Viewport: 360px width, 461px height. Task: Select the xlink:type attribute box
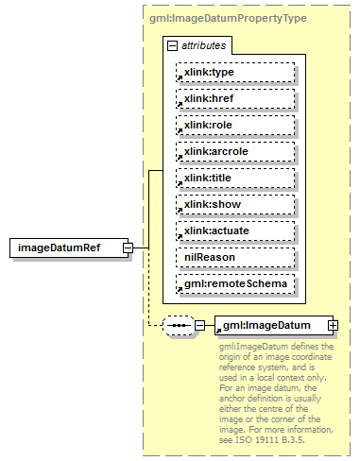(x=234, y=72)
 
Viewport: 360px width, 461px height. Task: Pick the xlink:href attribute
(x=234, y=98)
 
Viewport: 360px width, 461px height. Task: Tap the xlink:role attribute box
(x=234, y=125)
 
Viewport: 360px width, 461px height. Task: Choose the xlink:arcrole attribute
(x=234, y=151)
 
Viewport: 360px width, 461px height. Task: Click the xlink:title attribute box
(x=234, y=178)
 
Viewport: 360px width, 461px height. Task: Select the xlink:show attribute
(x=234, y=204)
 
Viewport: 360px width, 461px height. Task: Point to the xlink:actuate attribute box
(x=234, y=230)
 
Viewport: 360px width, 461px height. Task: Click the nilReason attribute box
(x=234, y=257)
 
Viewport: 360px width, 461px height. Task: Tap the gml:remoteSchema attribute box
(x=234, y=283)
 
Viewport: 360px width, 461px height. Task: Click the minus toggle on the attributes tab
(x=172, y=45)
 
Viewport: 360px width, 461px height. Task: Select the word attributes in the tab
(x=202, y=45)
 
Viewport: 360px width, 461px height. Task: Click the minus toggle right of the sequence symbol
(x=199, y=326)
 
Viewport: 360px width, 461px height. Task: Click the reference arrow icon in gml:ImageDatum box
(x=219, y=331)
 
